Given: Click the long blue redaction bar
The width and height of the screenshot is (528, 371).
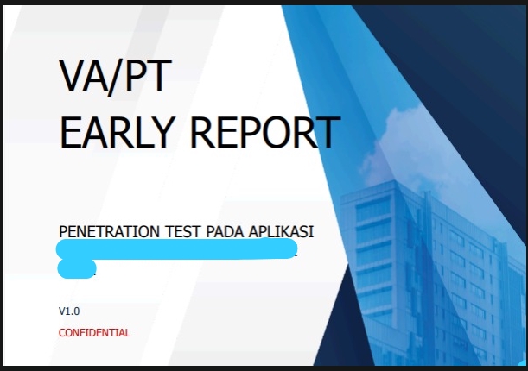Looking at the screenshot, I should pos(176,250).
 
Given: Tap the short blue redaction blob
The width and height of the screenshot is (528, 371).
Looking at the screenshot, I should pos(76,268).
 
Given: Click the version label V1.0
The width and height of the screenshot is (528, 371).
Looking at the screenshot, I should pos(69,311).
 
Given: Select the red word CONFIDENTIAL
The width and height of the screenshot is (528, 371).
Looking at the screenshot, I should pos(94,332).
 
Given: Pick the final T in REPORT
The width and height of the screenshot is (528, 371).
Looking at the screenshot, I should pos(327,133).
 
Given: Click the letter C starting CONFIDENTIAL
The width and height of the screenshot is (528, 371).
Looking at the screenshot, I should pos(62,332).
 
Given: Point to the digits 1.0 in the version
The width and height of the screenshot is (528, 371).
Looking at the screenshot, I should pos(73,311).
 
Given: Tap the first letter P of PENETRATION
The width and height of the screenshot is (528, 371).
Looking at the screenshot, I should pos(63,232).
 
